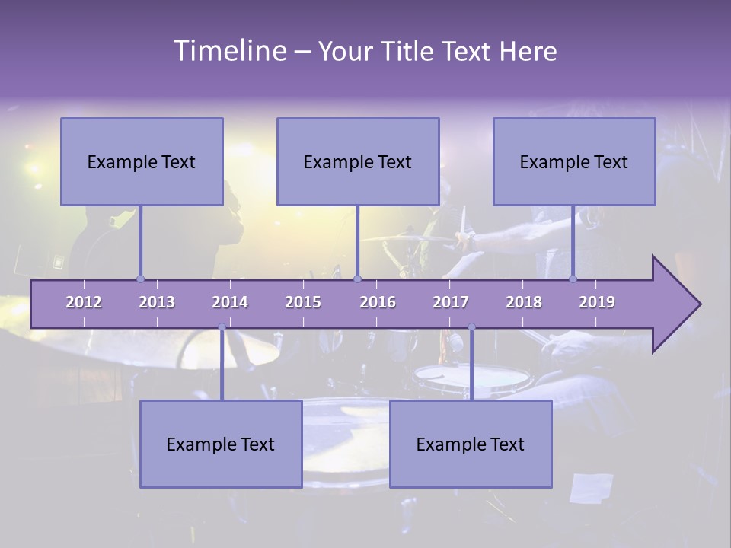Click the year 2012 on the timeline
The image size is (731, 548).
tap(84, 302)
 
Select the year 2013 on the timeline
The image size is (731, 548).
tap(157, 302)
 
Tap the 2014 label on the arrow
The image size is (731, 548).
tap(230, 302)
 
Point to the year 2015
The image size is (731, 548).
tap(303, 302)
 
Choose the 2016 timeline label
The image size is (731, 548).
tap(378, 302)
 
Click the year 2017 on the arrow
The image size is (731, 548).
tap(451, 302)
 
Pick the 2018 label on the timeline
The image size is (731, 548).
tap(524, 302)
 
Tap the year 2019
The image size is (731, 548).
tap(597, 302)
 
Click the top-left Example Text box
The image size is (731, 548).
tap(142, 161)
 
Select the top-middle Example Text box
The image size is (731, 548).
tap(358, 161)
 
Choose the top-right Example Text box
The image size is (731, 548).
tap(574, 161)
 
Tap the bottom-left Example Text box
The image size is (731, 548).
tap(221, 444)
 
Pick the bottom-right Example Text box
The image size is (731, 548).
tap(471, 444)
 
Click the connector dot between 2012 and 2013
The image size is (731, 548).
tap(140, 279)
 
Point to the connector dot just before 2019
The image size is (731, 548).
tap(573, 279)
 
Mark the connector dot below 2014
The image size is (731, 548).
tap(222, 327)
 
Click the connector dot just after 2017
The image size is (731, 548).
tap(471, 327)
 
